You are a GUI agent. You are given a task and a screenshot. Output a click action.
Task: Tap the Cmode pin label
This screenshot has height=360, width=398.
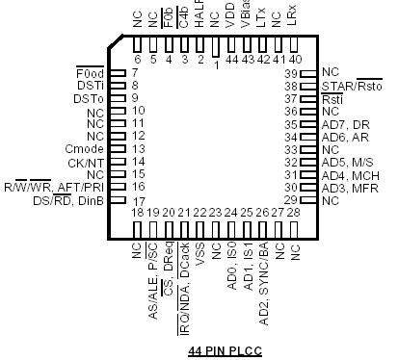[x=83, y=148]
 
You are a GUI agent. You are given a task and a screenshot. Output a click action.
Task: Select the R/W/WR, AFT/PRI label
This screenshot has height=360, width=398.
[x=57, y=186]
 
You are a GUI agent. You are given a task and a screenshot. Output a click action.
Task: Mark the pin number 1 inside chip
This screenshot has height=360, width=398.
[x=216, y=65]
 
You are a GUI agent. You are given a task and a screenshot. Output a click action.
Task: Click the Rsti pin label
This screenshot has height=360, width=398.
[x=332, y=98]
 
